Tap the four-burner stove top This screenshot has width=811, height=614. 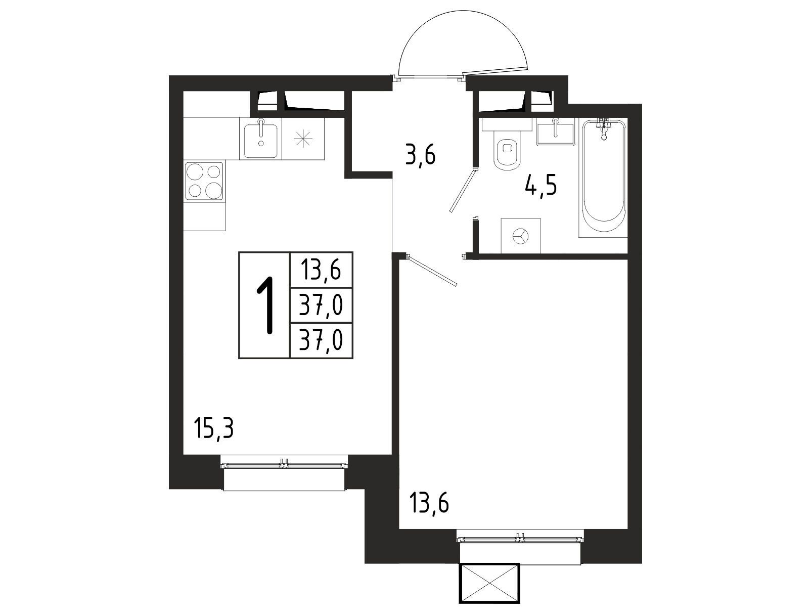204,181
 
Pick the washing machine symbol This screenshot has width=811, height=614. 521,235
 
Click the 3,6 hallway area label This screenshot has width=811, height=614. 421,156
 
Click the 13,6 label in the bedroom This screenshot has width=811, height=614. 429,503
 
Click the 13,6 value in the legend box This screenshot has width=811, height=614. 321,270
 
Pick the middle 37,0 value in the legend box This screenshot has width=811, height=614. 321,305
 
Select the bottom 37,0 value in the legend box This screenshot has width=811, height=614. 321,340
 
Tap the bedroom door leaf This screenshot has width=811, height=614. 432,271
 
